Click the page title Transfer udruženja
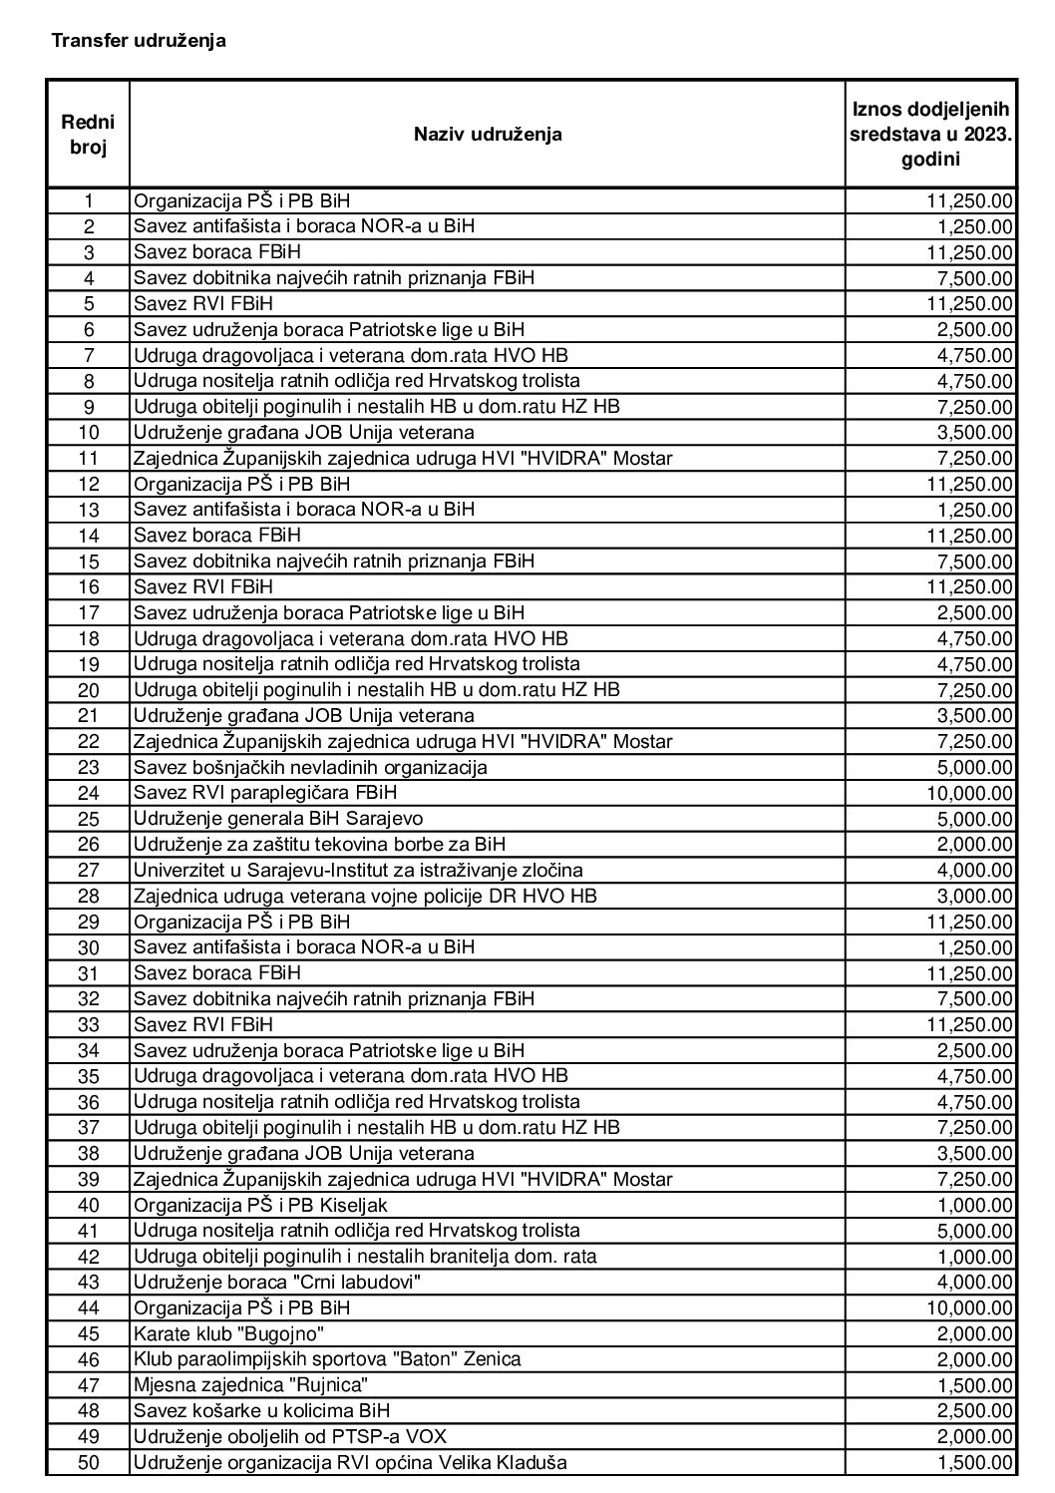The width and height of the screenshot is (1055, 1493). tap(139, 41)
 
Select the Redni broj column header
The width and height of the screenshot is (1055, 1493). tap(88, 134)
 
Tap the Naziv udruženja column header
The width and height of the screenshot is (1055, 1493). tap(488, 134)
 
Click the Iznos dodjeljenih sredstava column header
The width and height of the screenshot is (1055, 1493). tap(930, 134)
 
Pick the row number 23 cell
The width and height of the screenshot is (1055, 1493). tap(88, 768)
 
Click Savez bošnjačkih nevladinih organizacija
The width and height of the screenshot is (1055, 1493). tap(310, 768)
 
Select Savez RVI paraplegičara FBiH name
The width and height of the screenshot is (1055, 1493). tap(271, 793)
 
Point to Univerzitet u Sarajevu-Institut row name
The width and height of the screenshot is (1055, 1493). tap(358, 871)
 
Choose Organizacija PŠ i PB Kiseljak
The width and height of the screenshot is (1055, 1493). tap(260, 1205)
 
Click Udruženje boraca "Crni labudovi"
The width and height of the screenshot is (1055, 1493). tap(277, 1283)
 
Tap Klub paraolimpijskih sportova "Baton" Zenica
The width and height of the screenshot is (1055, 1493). tap(327, 1359)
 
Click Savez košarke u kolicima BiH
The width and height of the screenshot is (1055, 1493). tap(261, 1411)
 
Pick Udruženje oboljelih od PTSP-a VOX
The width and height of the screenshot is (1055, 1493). tap(290, 1437)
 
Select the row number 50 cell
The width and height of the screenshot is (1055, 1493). tap(88, 1463)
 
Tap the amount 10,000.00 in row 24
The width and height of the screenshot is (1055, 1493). tap(965, 793)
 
